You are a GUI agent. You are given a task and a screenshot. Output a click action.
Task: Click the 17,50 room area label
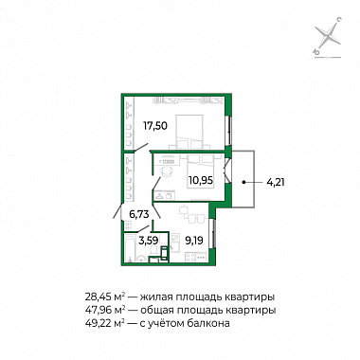point(155,126)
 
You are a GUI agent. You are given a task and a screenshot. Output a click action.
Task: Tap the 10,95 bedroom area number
point(201,181)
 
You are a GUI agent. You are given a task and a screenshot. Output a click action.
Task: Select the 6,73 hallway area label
point(139,214)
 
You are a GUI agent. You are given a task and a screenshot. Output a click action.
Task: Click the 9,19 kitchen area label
point(194,240)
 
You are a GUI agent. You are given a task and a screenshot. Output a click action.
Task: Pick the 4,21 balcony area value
point(276,182)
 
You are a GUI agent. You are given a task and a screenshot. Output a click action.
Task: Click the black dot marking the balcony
point(243,182)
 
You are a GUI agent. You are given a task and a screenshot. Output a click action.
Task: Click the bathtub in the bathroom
point(130,248)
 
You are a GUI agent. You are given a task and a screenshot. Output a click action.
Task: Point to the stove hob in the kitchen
point(190,257)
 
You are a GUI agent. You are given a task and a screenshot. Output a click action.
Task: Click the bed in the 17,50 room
point(189,132)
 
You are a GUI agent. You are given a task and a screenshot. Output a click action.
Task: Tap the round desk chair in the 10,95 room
point(167,171)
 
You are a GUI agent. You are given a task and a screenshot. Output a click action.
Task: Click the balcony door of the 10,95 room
point(227,171)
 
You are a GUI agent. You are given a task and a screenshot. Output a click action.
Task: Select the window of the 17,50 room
point(229,131)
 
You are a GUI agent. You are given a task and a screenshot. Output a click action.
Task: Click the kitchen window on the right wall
point(214,234)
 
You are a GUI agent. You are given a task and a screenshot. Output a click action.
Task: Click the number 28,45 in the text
point(96,297)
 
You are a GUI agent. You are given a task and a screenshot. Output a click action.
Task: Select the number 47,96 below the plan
point(96,311)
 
